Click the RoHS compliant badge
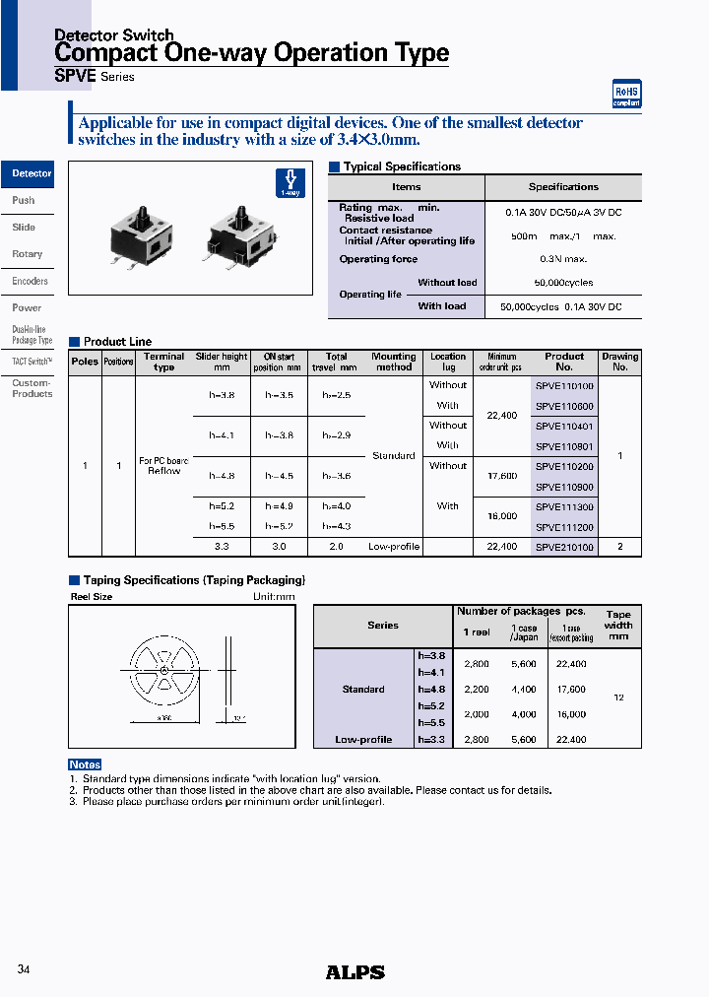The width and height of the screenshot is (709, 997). pos(626,94)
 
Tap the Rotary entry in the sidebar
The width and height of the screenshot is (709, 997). pos(28,254)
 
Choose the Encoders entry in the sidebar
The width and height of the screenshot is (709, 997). pos(30,281)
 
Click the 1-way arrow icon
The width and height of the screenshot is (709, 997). pos(290,182)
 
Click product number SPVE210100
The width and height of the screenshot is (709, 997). pos(564,547)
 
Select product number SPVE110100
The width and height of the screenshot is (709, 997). pos(564,386)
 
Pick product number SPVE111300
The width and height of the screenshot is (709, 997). pos(564,506)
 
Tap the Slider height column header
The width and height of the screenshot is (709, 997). pos(222,362)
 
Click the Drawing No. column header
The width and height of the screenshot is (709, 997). pos(619,362)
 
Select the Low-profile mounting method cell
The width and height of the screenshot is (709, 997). pos(394,547)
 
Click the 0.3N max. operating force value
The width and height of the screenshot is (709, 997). pos(562,259)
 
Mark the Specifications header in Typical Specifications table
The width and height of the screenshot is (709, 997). pos(563,187)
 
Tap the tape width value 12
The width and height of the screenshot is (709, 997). pos(618,698)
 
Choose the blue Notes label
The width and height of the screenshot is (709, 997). pos(85,764)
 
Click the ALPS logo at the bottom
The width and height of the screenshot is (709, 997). pos(354,971)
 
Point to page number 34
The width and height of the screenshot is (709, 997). pos(24,969)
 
